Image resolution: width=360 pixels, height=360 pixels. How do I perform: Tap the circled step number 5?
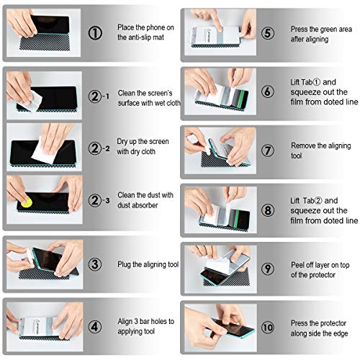267,33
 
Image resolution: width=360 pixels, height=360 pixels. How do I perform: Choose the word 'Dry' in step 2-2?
124,141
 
